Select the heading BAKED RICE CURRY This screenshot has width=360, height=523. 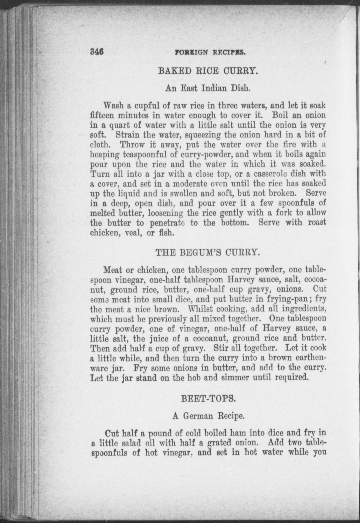click(x=208, y=71)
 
